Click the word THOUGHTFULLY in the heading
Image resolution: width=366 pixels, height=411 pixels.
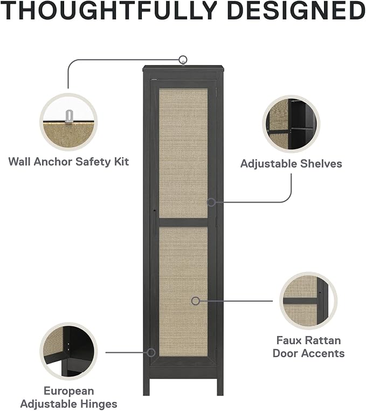pos(109,10)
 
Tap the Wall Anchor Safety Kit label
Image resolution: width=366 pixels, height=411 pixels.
pos(68,162)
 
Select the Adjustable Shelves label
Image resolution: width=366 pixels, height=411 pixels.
pos(291,164)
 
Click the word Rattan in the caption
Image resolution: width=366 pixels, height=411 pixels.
pos(324,340)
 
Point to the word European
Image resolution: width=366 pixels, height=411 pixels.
pos(69,391)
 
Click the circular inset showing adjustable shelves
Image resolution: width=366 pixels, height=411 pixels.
pos(291,124)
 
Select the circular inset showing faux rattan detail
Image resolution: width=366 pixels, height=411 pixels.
pos(308,301)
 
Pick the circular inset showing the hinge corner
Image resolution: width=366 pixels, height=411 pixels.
pos(69,352)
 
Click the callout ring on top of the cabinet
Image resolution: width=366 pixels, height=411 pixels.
pos(183,60)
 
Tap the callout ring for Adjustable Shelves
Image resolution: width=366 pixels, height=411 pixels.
pos(211,202)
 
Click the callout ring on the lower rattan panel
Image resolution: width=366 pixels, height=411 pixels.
pos(196,301)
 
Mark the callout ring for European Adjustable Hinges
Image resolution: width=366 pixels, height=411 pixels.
pos(151,352)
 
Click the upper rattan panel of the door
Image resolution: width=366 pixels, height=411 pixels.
pos(183,154)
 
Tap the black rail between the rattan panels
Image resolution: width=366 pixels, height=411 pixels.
pos(183,222)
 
